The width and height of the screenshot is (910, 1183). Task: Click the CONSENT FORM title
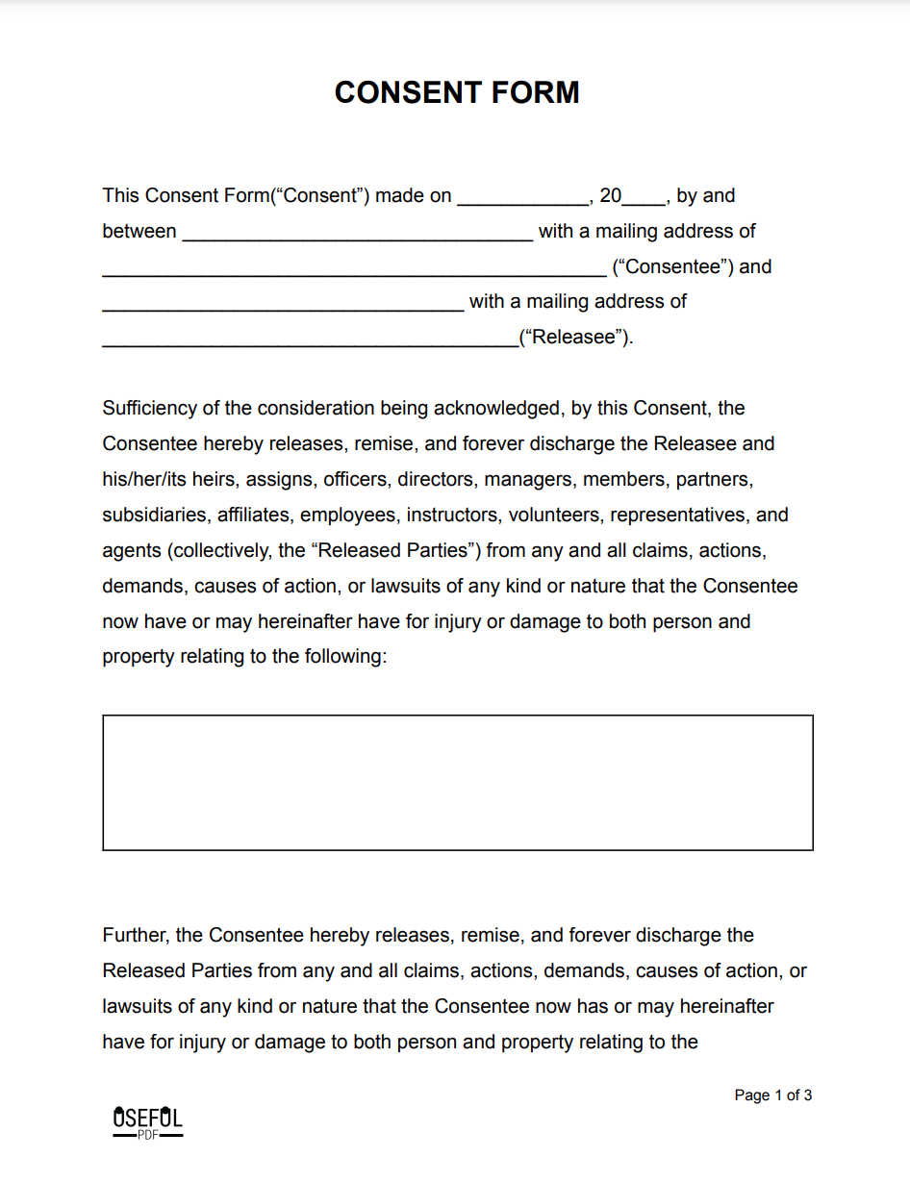point(457,92)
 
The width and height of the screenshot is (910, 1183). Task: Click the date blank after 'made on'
point(522,198)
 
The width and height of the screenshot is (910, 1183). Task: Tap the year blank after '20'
point(644,198)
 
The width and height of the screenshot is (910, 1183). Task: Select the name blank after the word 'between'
point(357,233)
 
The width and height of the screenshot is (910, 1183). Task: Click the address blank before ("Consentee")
point(354,268)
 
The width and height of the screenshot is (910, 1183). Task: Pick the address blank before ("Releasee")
point(310,340)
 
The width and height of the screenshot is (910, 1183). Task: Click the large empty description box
point(458,782)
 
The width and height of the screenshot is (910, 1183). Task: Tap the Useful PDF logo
point(147,1122)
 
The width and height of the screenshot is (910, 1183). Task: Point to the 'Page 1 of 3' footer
point(772,1095)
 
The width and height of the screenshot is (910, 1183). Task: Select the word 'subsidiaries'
point(156,516)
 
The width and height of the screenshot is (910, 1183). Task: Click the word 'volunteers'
point(554,516)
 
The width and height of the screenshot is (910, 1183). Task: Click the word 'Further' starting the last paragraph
point(136,936)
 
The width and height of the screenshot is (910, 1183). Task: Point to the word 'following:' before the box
point(344,657)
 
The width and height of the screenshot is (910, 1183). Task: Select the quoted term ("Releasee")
point(575,338)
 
